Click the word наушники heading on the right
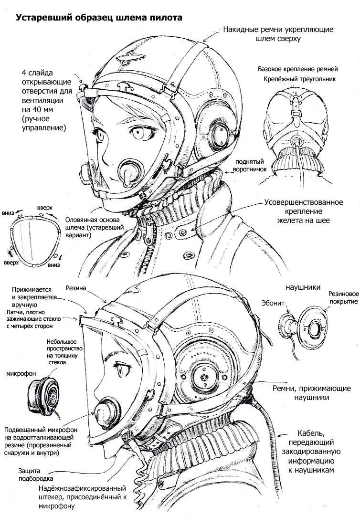coord(303,287)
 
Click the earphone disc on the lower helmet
coord(204,377)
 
